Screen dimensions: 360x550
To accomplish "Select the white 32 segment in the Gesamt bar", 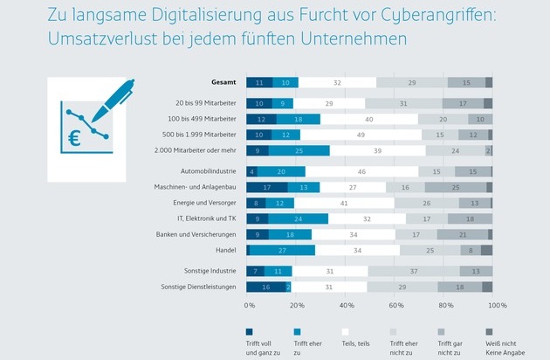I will coord(337,82).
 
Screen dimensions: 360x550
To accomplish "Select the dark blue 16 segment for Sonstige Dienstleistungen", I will coord(265,287).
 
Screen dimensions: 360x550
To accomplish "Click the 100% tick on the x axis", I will coord(497,306).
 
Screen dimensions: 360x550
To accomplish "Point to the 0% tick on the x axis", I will coord(250,306).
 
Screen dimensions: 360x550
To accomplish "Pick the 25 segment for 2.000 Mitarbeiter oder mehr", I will coord(299,150).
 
